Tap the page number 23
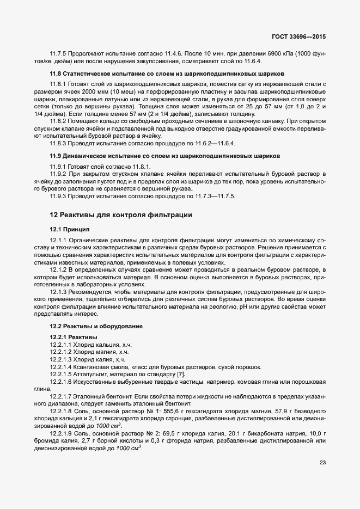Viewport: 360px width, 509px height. (323, 463)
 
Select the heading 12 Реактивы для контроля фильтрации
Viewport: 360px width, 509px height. (120, 216)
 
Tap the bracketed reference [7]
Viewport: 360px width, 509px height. (181, 374)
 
